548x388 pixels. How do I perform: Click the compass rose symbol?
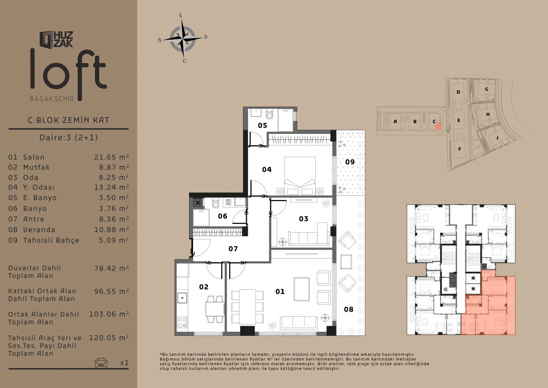click(183, 39)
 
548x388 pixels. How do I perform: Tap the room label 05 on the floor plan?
click(263, 126)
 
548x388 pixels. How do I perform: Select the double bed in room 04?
click(300, 176)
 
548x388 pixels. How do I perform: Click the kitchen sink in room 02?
click(182, 298)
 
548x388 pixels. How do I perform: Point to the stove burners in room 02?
click(182, 322)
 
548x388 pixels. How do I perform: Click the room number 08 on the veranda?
click(348, 309)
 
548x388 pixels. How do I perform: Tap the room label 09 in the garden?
click(350, 162)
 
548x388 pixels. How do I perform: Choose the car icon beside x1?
click(101, 362)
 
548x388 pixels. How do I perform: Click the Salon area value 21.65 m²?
click(111, 157)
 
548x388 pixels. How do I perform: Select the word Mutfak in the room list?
click(37, 167)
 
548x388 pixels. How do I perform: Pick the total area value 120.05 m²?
click(109, 338)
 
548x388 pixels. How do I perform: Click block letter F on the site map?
click(459, 149)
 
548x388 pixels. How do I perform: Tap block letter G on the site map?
click(487, 90)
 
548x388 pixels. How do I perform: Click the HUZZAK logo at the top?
click(56, 39)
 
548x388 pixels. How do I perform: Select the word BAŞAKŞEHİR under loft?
click(52, 99)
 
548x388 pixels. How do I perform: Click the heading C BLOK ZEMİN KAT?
click(68, 120)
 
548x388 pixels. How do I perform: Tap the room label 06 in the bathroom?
click(222, 216)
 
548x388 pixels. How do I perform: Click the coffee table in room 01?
click(302, 289)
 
